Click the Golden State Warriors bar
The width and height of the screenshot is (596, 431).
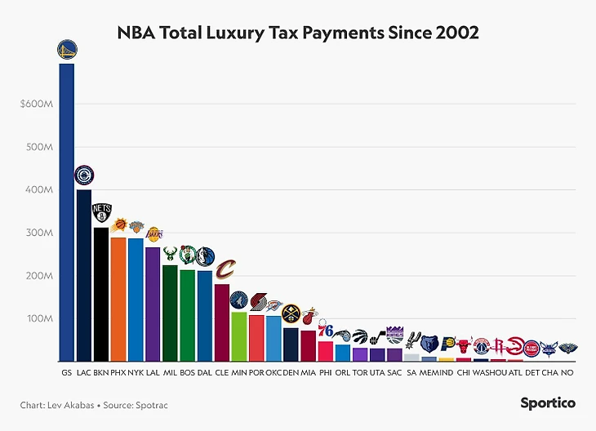[67, 212]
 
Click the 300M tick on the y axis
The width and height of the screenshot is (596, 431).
[41, 233]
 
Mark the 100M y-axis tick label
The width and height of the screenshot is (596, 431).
[41, 318]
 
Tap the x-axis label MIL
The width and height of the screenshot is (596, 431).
[170, 372]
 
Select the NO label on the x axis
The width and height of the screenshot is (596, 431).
[567, 372]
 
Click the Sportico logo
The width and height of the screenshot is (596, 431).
[548, 402]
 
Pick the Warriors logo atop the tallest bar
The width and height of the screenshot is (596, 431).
[67, 51]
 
